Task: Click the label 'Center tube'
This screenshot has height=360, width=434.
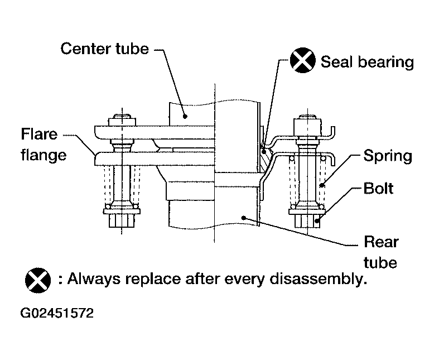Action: pos(105,49)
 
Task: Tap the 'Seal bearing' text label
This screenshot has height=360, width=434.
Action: pos(367,62)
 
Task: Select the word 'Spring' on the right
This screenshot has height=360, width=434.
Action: pos(388,156)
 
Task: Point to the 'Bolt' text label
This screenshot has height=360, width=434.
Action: pos(378,188)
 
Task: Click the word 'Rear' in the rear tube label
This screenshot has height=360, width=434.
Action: pos(381,242)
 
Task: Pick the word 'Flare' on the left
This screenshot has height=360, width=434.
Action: pos(39,134)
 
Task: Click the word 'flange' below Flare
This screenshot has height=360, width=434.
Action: pos(44,155)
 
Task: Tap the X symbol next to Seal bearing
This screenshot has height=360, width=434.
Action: pos(302,60)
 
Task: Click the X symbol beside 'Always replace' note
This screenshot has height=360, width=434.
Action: pos(38,280)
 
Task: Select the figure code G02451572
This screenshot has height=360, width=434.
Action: pos(57,313)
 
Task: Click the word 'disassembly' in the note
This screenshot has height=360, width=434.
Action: pos(319,279)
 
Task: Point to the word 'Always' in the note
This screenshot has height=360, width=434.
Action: pos(94,279)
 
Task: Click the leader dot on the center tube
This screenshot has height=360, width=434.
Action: pos(185,116)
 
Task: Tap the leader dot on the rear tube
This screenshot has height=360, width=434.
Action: pos(244,218)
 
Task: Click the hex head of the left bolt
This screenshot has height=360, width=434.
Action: pos(122,220)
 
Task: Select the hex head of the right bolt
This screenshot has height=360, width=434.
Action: pos(307,221)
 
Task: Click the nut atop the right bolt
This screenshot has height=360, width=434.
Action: pos(307,127)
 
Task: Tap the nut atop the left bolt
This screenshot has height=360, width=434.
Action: pos(122,122)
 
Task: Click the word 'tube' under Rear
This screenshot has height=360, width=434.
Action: pos(380,262)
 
